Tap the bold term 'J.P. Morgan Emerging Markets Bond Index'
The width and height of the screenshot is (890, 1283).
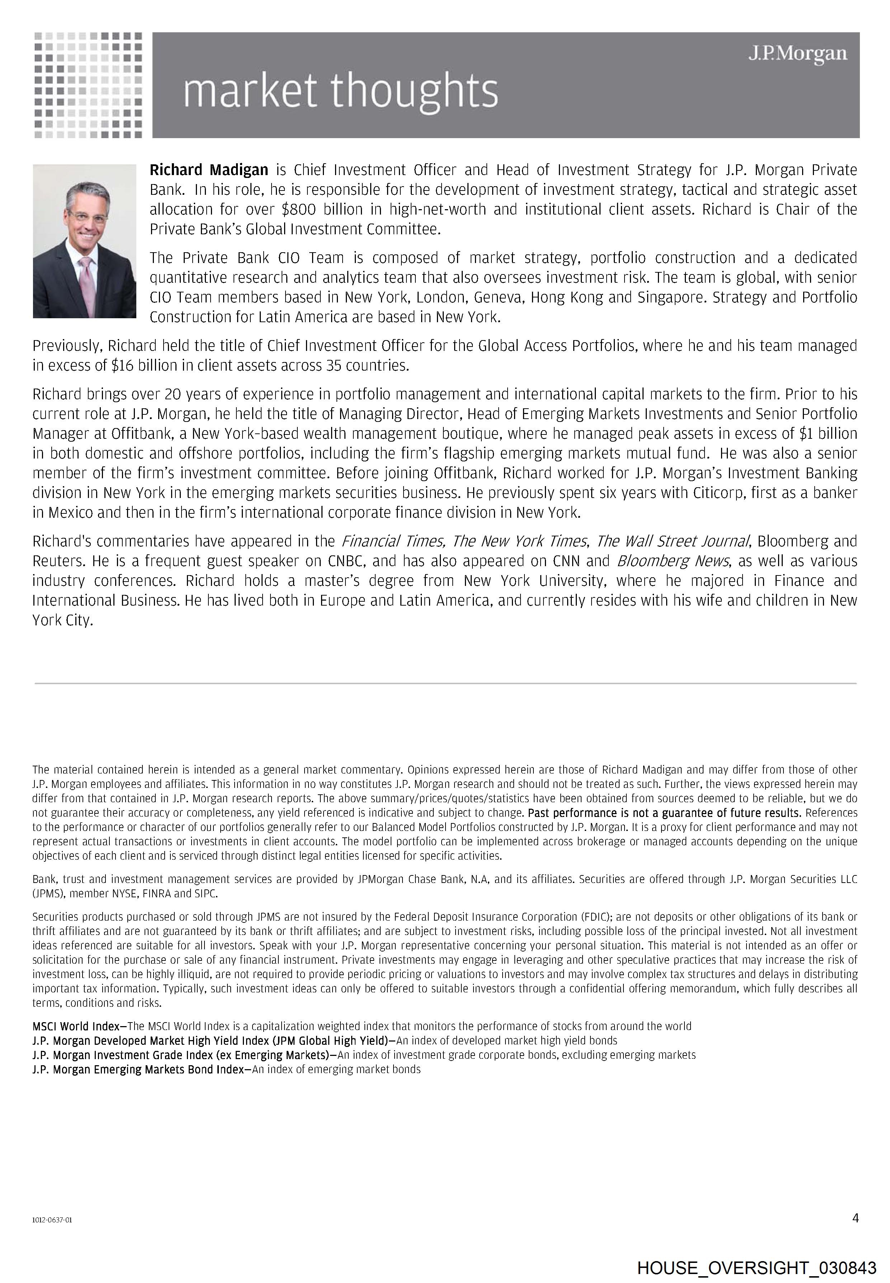tap(138, 1070)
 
